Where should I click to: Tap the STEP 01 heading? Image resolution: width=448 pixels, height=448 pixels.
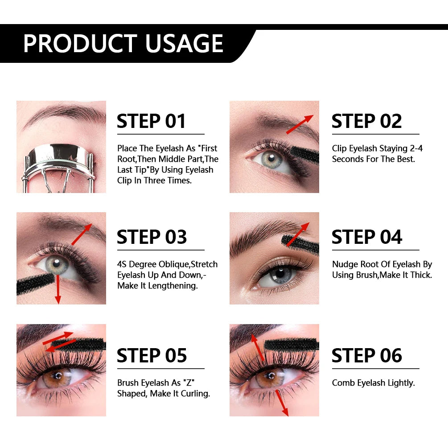[x=151, y=121]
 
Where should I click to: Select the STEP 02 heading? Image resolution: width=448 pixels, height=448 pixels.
[x=366, y=121]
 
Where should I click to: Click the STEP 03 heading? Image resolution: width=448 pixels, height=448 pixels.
[x=152, y=237]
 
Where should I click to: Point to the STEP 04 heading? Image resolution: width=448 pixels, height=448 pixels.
[x=366, y=237]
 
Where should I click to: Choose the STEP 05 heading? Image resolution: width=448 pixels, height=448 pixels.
[x=152, y=356]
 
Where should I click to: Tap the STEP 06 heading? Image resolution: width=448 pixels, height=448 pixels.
[x=366, y=356]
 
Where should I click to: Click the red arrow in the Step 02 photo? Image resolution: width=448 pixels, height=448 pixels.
[x=299, y=124]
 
